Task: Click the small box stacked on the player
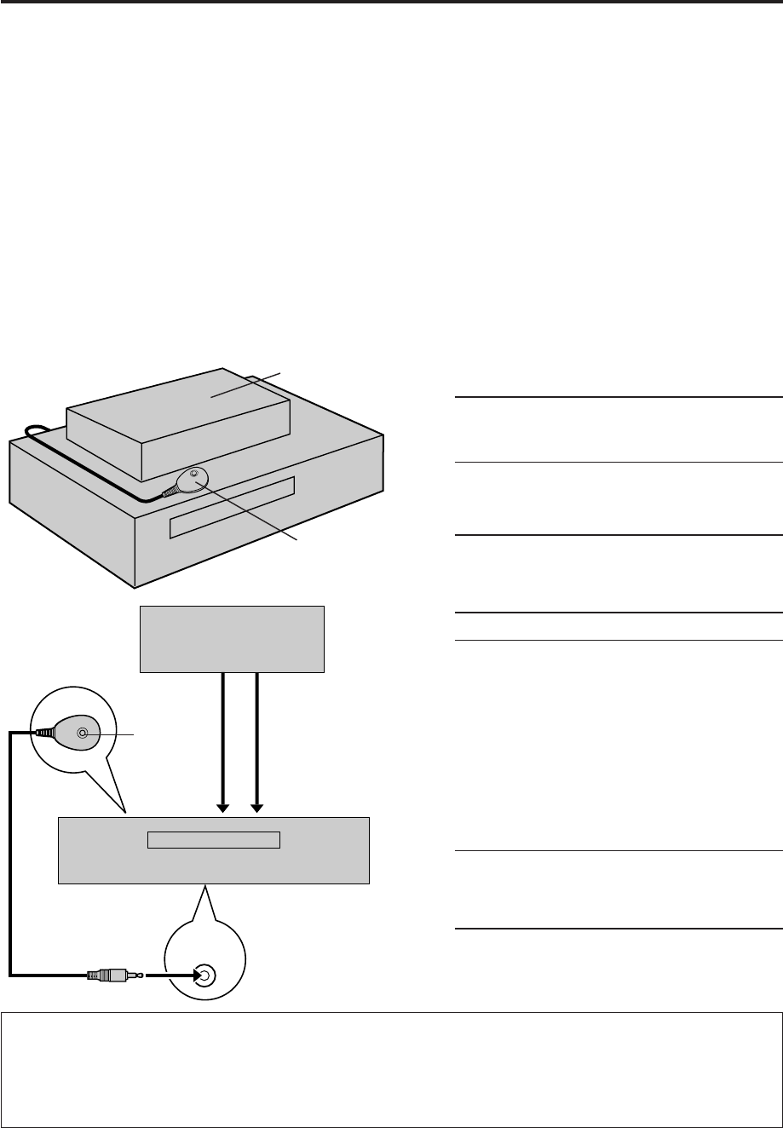click(179, 426)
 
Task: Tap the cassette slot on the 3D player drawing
click(232, 508)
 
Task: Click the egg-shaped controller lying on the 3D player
click(188, 484)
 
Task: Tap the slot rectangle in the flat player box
click(214, 840)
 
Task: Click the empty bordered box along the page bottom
click(391, 1069)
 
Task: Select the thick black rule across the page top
click(391, 3)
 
